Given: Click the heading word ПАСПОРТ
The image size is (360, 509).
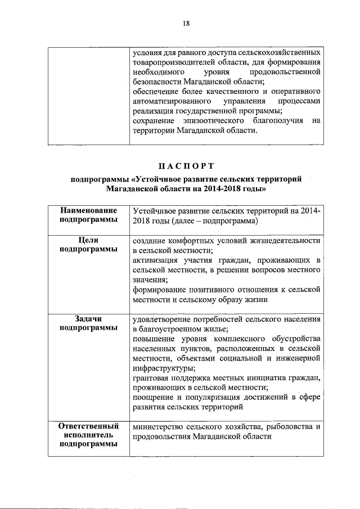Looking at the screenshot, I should point(186,165).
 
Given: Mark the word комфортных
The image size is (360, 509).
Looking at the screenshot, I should point(191,240).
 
